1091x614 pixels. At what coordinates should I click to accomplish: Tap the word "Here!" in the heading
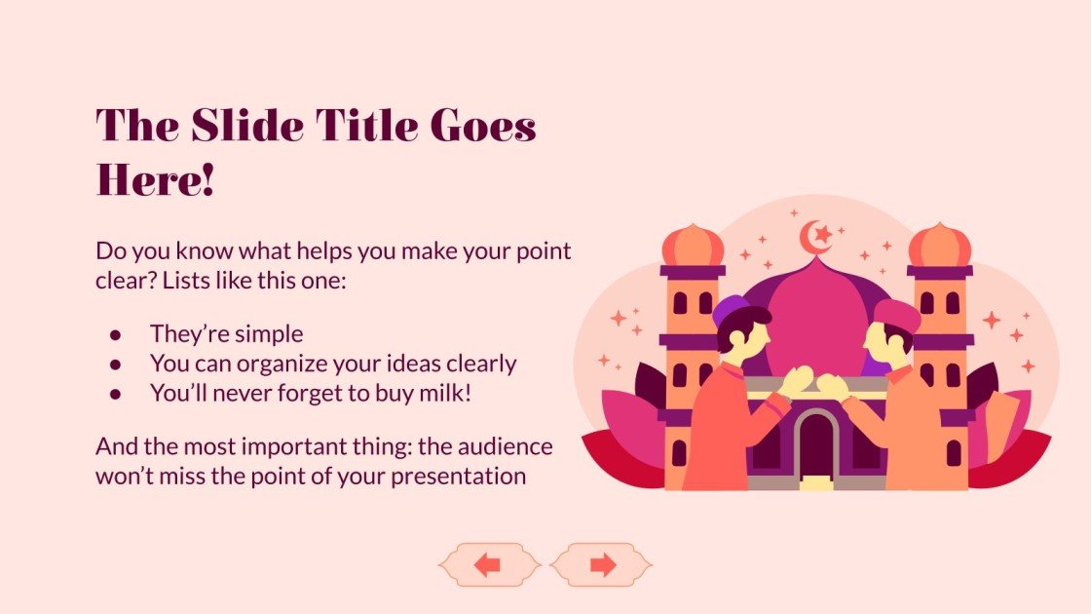pyautogui.click(x=155, y=181)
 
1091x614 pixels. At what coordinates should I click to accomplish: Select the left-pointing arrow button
pyautogui.click(x=488, y=565)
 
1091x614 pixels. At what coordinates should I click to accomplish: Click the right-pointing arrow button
pyautogui.click(x=603, y=565)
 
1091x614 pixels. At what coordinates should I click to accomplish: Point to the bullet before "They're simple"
pyautogui.click(x=115, y=334)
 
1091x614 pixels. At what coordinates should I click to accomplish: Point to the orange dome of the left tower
pyautogui.click(x=693, y=246)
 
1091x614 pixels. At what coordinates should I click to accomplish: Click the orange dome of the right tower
pyautogui.click(x=940, y=246)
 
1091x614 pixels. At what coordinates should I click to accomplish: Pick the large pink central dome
pyautogui.click(x=816, y=322)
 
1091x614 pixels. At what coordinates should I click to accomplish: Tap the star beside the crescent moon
pyautogui.click(x=824, y=234)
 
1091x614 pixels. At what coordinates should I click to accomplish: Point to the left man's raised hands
pyautogui.click(x=795, y=380)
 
